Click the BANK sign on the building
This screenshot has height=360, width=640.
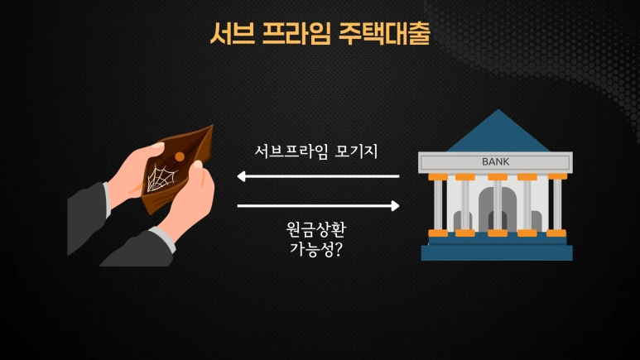495,161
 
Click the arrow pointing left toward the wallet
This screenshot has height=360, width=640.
318,176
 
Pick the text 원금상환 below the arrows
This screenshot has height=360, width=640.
319,228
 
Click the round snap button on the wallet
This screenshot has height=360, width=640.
179,156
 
